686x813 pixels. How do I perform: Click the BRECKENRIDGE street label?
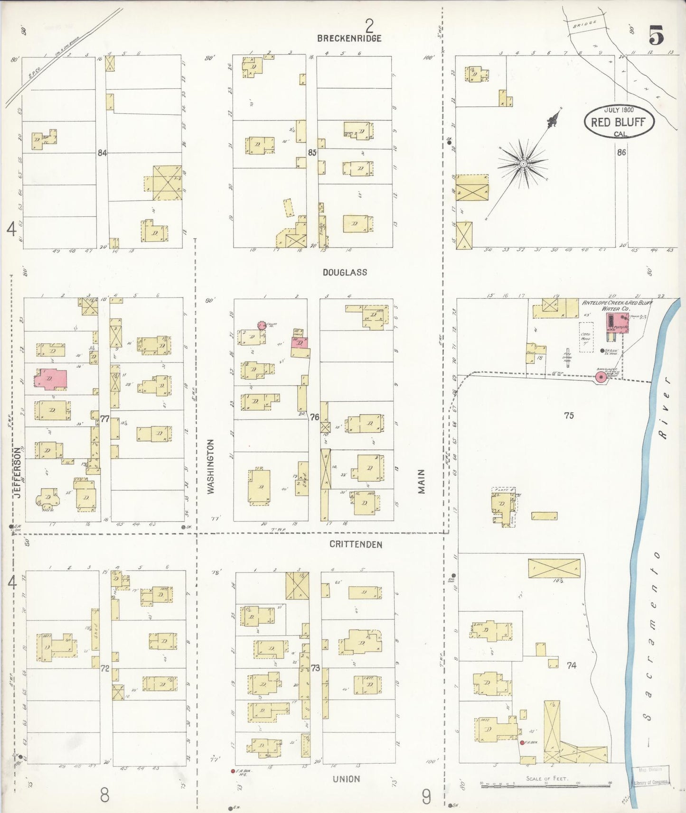click(349, 38)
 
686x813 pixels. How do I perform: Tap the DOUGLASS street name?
click(345, 272)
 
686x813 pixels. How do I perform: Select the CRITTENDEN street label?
click(356, 545)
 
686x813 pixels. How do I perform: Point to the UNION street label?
click(346, 779)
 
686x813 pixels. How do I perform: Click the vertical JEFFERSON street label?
click(18, 472)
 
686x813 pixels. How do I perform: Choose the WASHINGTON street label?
click(211, 466)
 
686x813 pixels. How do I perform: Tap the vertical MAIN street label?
click(421, 481)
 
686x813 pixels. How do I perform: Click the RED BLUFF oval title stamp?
click(619, 122)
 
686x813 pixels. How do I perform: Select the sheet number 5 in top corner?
click(655, 36)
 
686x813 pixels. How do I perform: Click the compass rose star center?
click(523, 164)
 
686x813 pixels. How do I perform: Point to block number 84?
click(102, 153)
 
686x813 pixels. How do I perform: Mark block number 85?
click(312, 153)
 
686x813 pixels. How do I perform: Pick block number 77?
click(105, 419)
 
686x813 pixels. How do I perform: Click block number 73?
click(315, 668)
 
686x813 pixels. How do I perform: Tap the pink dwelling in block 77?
click(51, 379)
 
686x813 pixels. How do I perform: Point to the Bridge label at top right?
click(584, 24)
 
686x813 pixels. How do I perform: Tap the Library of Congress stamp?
click(652, 782)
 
